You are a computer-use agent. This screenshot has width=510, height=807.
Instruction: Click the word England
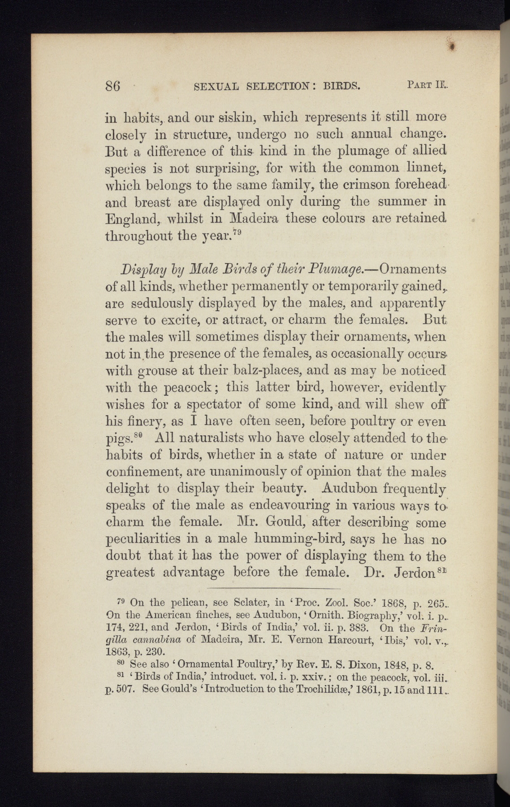tap(132, 220)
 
